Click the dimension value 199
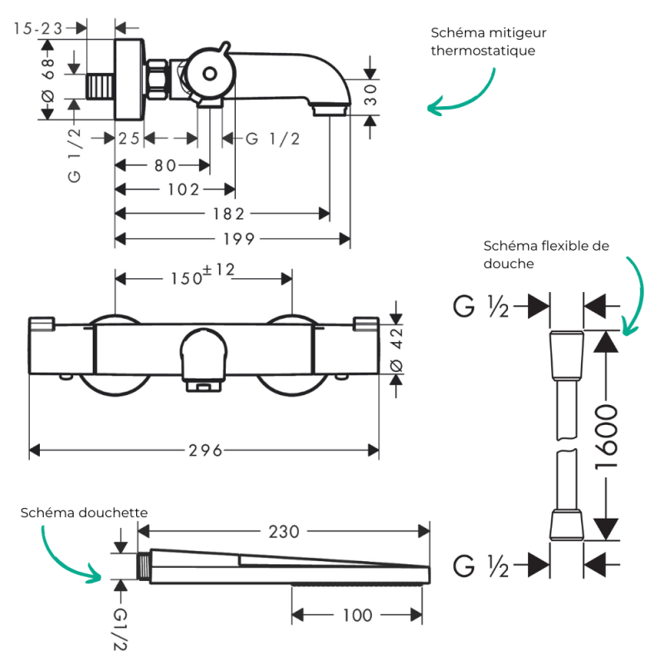(x=239, y=239)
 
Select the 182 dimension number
(x=229, y=214)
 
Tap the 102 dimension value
(x=183, y=190)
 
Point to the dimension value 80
(x=165, y=165)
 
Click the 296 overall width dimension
(x=205, y=450)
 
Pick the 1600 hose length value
(x=607, y=437)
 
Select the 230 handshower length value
(x=284, y=531)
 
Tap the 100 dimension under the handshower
(x=358, y=615)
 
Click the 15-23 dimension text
(x=38, y=28)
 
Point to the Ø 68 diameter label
(x=48, y=80)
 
